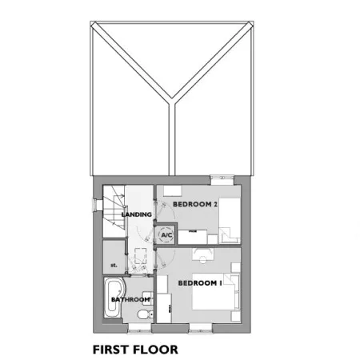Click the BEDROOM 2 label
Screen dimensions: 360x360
click(195, 204)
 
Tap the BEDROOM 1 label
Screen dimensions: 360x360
click(200, 283)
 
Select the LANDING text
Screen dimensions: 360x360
click(137, 214)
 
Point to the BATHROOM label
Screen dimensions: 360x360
click(130, 299)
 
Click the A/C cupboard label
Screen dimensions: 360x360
click(166, 235)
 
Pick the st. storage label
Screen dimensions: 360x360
click(114, 266)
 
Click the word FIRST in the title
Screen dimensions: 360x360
click(110, 350)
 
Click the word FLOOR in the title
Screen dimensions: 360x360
click(155, 350)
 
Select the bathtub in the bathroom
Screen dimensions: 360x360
click(114, 298)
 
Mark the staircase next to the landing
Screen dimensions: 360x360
click(114, 211)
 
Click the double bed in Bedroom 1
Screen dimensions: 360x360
click(216, 292)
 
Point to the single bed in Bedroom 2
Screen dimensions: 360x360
click(230, 221)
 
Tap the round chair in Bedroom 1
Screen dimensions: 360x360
click(203, 259)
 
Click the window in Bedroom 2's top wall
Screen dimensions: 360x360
click(222, 180)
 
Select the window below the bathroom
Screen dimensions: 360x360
click(139, 328)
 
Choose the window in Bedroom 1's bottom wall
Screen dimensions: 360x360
click(201, 328)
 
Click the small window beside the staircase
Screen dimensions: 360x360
click(95, 205)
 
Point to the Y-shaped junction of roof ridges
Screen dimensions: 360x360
click(172, 101)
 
